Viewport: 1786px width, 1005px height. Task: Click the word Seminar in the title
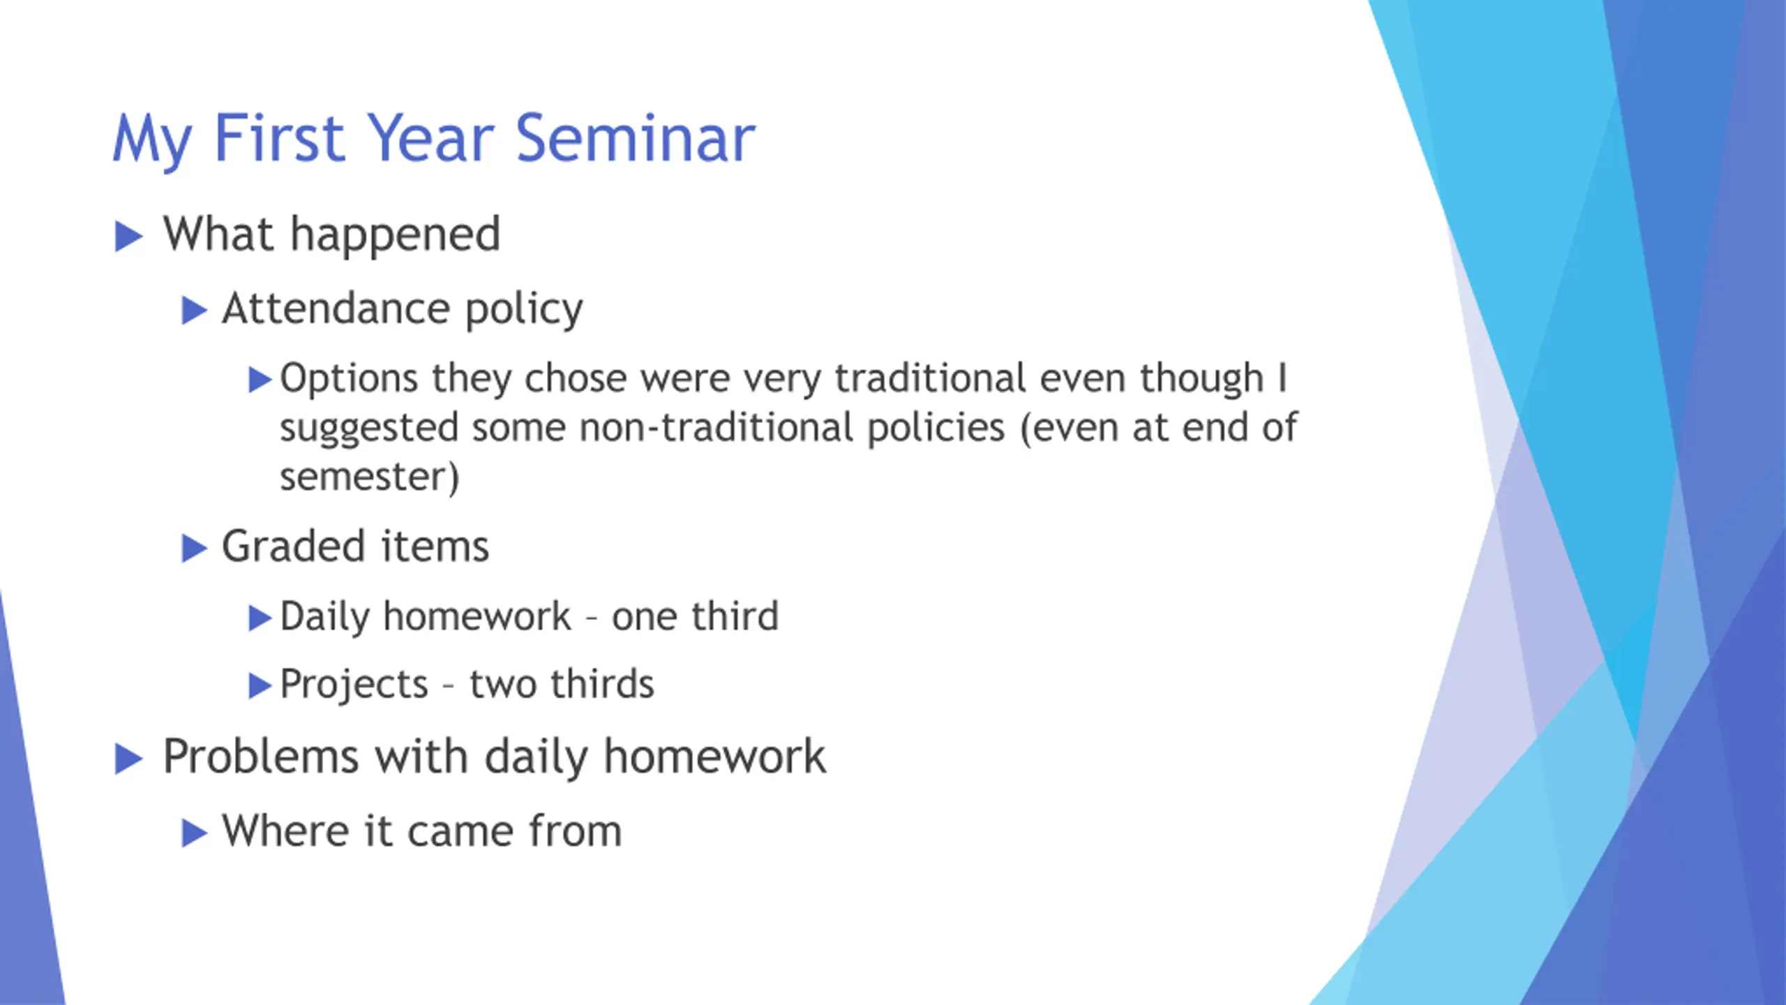(636, 138)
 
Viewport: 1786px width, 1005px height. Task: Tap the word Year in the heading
(430, 138)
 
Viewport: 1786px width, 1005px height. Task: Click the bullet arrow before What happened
(129, 237)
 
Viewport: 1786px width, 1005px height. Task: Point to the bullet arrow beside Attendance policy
(195, 311)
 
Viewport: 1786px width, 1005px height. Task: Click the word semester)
(370, 477)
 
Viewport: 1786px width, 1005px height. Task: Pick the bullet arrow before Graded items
(195, 549)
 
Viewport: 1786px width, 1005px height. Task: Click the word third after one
(735, 616)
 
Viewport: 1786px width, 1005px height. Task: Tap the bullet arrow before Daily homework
(260, 618)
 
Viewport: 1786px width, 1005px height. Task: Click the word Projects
(354, 685)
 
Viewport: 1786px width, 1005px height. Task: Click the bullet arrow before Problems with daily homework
(129, 759)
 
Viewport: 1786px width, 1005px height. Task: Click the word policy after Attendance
(524, 310)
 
